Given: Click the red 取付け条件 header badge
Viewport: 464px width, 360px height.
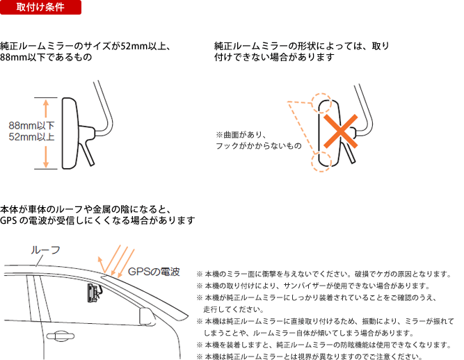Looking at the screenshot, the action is [x=40, y=7].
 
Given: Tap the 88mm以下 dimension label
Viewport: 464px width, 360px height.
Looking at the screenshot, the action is [x=32, y=126].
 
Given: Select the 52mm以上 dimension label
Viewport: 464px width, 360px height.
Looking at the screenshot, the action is [x=32, y=137].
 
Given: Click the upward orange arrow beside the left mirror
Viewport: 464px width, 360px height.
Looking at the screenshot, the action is [x=46, y=109].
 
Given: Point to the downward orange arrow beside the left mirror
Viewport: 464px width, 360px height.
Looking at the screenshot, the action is [x=46, y=157].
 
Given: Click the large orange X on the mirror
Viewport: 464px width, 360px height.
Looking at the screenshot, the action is [x=341, y=131].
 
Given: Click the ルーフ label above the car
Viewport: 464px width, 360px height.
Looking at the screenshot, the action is [x=46, y=250].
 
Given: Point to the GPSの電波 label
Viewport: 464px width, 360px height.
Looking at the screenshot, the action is [x=154, y=272].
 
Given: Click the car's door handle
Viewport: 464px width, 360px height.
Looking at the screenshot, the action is [x=61, y=336].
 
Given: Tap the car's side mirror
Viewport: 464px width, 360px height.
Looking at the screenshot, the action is [x=147, y=316].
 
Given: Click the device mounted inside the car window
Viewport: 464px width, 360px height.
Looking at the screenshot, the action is [x=94, y=293].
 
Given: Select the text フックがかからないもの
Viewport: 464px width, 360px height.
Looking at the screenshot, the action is [x=259, y=146].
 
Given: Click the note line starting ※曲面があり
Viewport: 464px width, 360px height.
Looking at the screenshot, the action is [x=241, y=135].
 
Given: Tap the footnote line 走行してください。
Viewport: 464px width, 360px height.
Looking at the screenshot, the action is [x=234, y=309].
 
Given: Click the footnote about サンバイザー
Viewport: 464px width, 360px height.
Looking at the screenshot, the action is [x=313, y=286].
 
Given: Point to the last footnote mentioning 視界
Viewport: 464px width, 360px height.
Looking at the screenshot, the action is [x=310, y=357].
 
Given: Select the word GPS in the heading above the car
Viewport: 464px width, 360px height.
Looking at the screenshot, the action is [x=8, y=220].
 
